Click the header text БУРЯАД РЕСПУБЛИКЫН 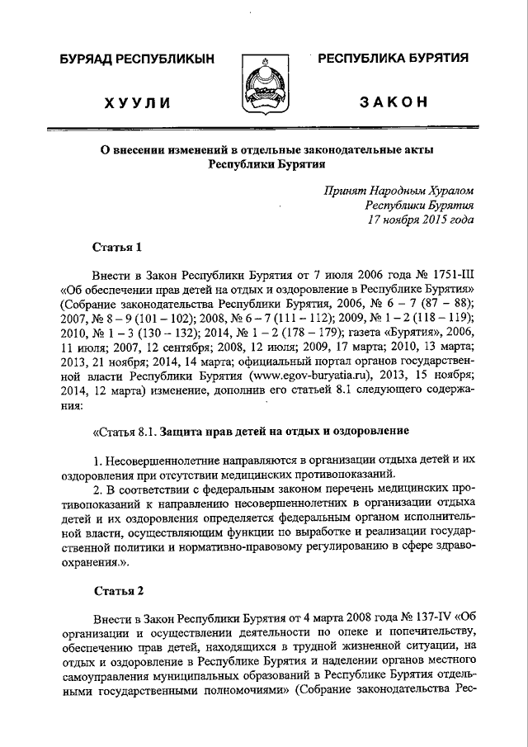coord(136,59)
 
